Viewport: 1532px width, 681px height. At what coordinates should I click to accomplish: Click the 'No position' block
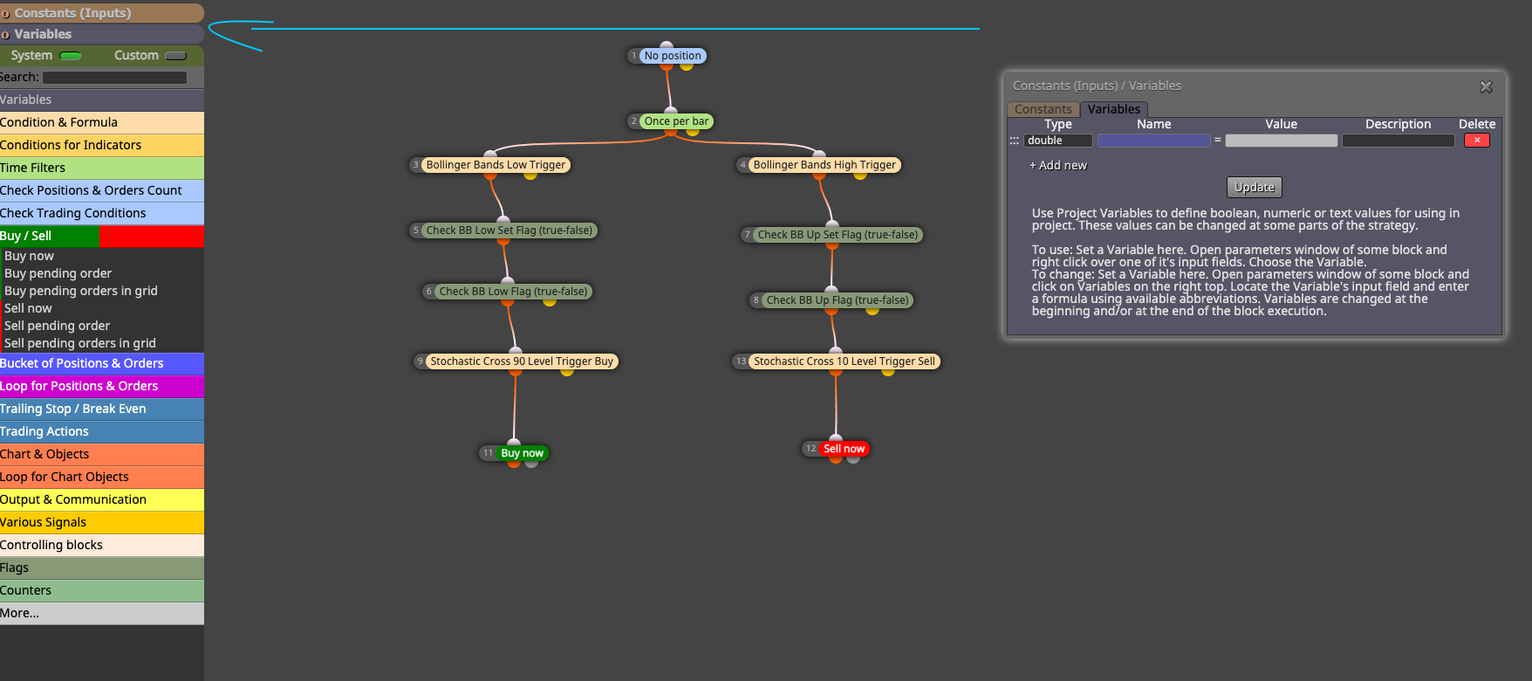[x=673, y=56]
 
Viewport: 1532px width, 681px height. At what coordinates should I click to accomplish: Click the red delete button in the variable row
[x=1476, y=141]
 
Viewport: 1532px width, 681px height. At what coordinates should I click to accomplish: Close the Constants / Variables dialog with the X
[x=1486, y=86]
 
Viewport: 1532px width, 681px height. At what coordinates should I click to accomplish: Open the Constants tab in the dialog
[x=1043, y=109]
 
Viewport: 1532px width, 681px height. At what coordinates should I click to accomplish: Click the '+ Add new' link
[x=1058, y=165]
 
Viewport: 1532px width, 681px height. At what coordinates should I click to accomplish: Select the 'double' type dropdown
[x=1058, y=141]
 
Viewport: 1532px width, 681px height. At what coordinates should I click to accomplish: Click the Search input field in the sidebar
[x=115, y=78]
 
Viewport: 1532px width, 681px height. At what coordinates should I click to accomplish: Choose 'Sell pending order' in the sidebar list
[x=57, y=326]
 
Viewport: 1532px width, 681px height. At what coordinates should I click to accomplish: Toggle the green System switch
[x=71, y=56]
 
